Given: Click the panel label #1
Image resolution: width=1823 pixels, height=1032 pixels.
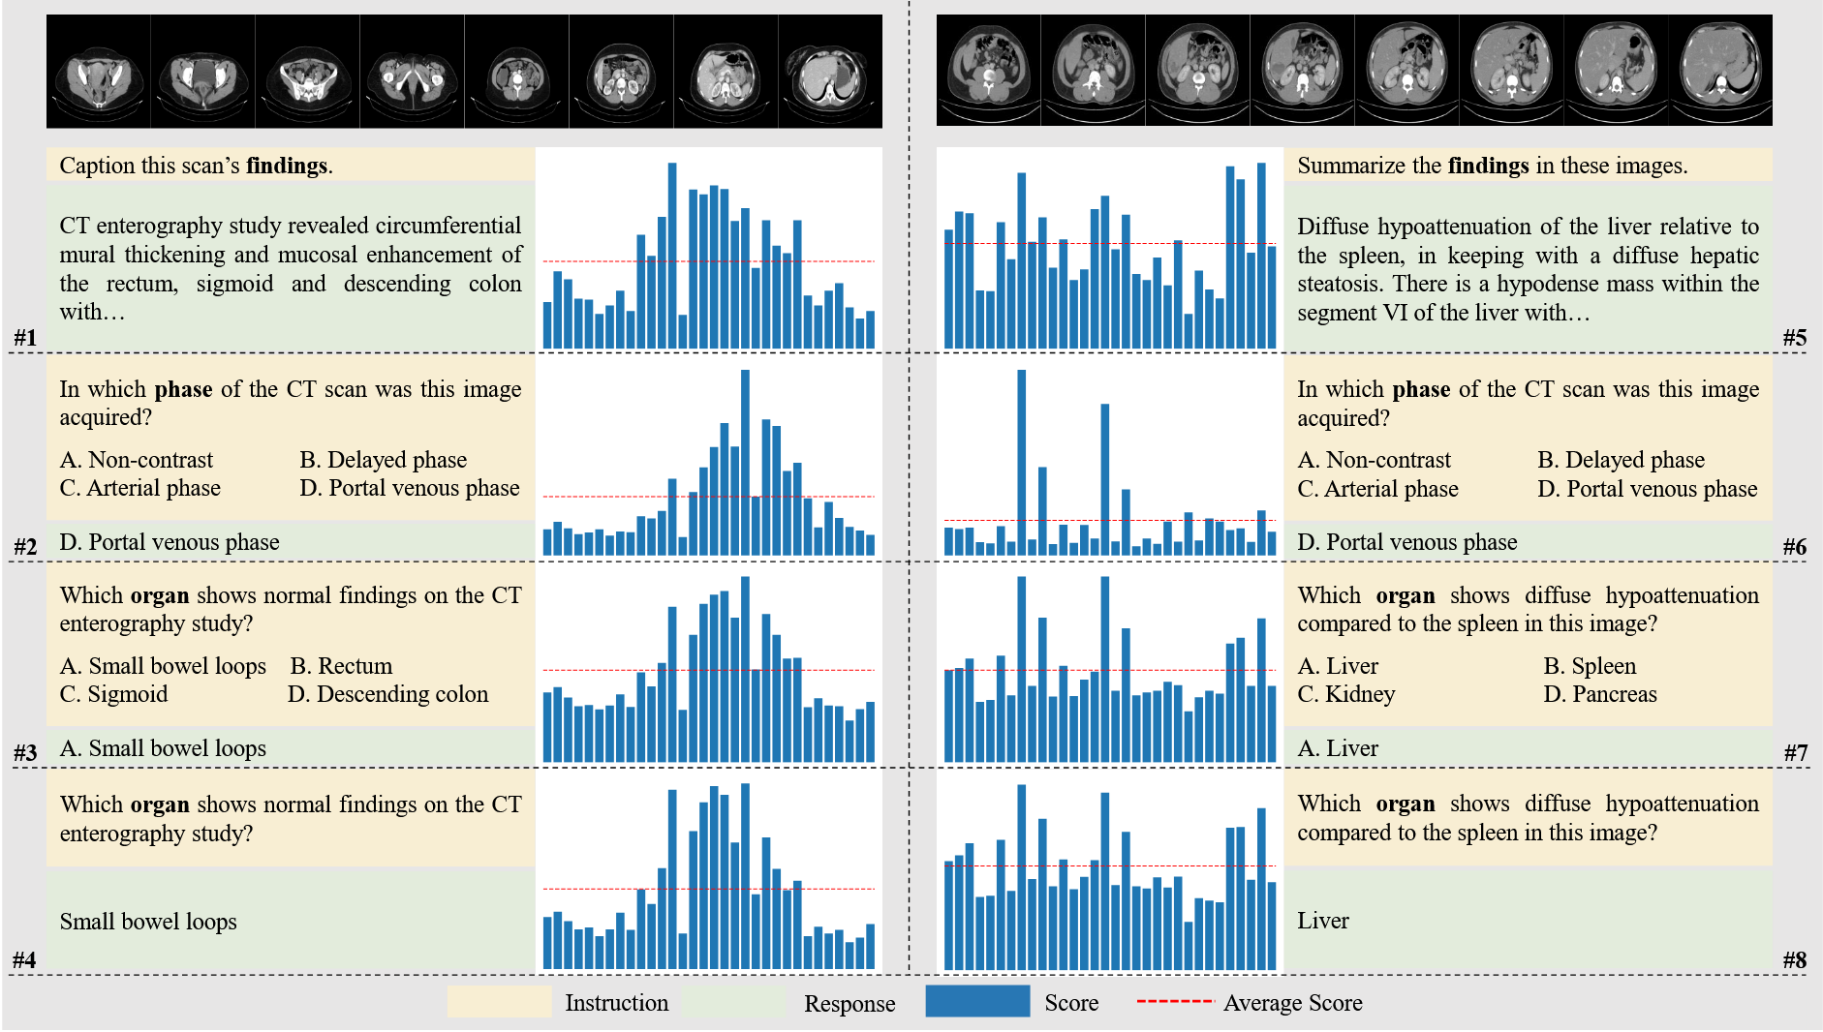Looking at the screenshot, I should [25, 337].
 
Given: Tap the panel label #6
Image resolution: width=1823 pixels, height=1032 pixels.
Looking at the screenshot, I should [1794, 546].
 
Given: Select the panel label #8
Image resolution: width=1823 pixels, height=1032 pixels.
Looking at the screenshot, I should [1794, 959].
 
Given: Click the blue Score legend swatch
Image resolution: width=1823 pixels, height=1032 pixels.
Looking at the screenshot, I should [976, 1001].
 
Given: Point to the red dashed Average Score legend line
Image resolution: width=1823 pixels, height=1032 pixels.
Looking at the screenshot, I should [1174, 1001].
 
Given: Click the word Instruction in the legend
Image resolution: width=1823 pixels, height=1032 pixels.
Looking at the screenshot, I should [616, 1003].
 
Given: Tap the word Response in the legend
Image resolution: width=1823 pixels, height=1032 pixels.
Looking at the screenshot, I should [849, 1004].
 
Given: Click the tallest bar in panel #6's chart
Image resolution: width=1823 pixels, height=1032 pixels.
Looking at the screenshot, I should [1021, 462].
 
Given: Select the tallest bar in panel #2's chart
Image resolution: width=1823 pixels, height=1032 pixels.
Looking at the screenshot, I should [745, 462].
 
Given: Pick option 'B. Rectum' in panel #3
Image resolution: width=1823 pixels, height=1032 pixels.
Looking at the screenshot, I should [341, 666].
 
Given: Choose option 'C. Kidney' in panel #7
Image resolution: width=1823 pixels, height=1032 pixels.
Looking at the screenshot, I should [1345, 694].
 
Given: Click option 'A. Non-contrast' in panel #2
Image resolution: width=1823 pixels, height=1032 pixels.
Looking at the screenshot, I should [136, 460].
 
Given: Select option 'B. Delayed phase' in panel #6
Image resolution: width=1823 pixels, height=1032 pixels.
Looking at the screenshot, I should [1621, 460].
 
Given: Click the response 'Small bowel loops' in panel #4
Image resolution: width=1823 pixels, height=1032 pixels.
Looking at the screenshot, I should [148, 922].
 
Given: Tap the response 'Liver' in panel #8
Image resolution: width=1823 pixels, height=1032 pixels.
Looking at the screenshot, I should [1322, 921].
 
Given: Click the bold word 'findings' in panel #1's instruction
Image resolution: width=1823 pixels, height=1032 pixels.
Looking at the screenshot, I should [287, 166].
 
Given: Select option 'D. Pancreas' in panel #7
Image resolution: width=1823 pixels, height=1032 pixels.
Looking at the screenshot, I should [1600, 694].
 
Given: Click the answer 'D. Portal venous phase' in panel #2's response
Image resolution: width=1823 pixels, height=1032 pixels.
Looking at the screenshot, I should [170, 542].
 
